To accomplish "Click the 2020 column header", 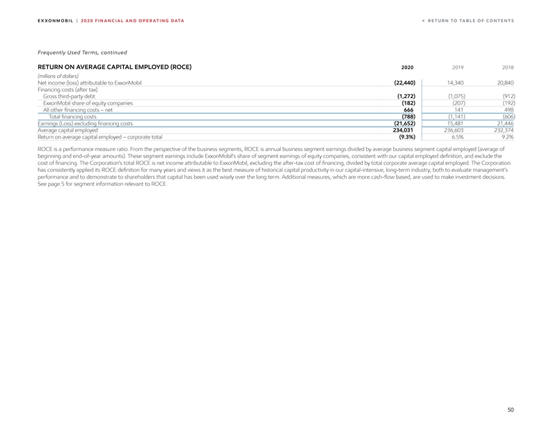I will coord(408,68).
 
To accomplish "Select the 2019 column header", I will coord(458,68).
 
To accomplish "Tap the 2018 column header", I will coord(508,68).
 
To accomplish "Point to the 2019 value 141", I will coord(458,110).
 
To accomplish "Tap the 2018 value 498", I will coord(509,110).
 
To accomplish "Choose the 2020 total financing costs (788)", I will coord(408,117).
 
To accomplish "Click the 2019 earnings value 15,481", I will coord(455,123).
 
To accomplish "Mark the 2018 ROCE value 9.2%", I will coord(506,137).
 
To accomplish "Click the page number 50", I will coord(510,411).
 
